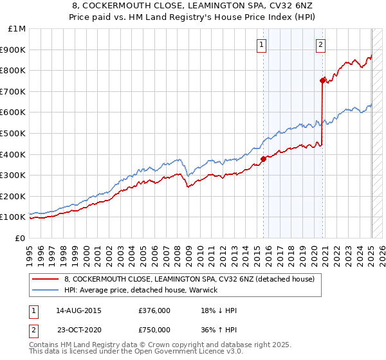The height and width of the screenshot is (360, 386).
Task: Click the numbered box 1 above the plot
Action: [x=262, y=44]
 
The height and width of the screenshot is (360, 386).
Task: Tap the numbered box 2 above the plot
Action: [x=320, y=44]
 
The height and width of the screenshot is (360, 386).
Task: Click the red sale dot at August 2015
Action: [x=263, y=159]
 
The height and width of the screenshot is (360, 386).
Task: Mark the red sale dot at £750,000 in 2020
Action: [x=322, y=80]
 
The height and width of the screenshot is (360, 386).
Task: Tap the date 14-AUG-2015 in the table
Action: [x=79, y=310]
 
